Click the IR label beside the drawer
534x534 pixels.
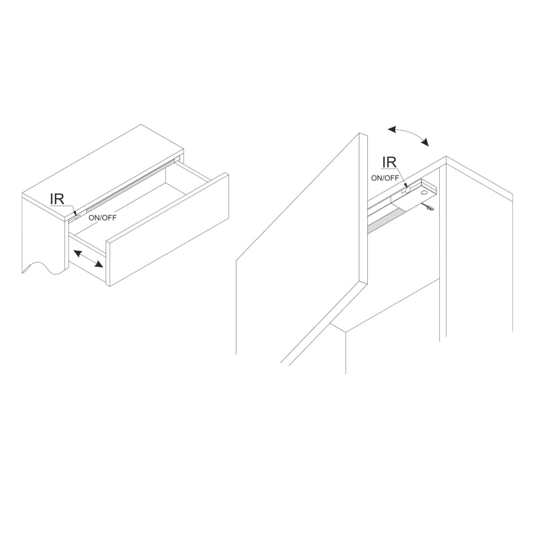click(x=57, y=199)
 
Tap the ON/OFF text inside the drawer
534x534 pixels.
click(x=102, y=218)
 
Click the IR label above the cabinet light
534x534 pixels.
click(x=389, y=162)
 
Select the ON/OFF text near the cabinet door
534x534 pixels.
click(x=385, y=178)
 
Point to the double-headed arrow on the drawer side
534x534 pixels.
click(x=88, y=259)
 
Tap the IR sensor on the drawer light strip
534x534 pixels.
click(x=77, y=216)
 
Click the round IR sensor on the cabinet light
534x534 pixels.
click(x=408, y=190)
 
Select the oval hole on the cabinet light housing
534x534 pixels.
click(x=424, y=192)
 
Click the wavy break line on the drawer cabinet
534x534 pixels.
click(x=43, y=268)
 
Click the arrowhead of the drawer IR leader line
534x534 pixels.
click(x=75, y=213)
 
